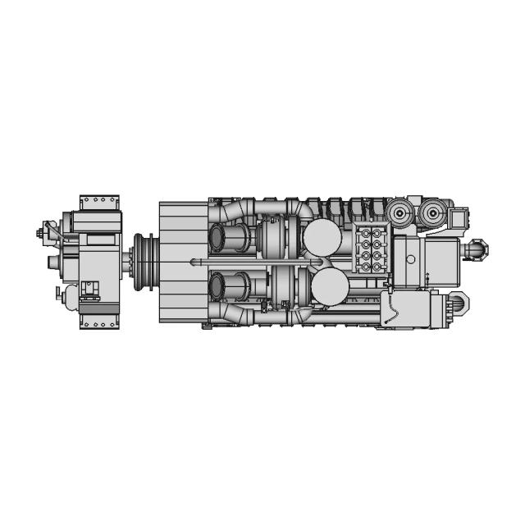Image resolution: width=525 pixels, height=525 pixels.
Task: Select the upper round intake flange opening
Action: point(219,239)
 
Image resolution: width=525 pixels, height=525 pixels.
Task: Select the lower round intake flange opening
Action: point(219,287)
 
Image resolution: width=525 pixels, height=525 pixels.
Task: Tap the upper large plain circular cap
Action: point(322,239)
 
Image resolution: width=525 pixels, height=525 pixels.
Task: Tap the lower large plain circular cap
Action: point(330,288)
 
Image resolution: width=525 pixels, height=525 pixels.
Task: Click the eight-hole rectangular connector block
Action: point(370,249)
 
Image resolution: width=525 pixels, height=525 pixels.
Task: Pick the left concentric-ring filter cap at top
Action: point(399,215)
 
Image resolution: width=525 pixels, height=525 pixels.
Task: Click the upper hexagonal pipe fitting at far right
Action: point(477,247)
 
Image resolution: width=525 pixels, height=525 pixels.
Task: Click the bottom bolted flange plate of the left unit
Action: point(99,322)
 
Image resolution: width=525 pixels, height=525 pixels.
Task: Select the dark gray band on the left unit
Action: point(99,308)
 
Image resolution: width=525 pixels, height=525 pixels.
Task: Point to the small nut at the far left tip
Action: point(40,234)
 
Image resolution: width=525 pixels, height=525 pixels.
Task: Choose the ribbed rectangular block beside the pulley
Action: point(183,262)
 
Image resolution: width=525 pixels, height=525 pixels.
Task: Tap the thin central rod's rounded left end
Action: point(193,262)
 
